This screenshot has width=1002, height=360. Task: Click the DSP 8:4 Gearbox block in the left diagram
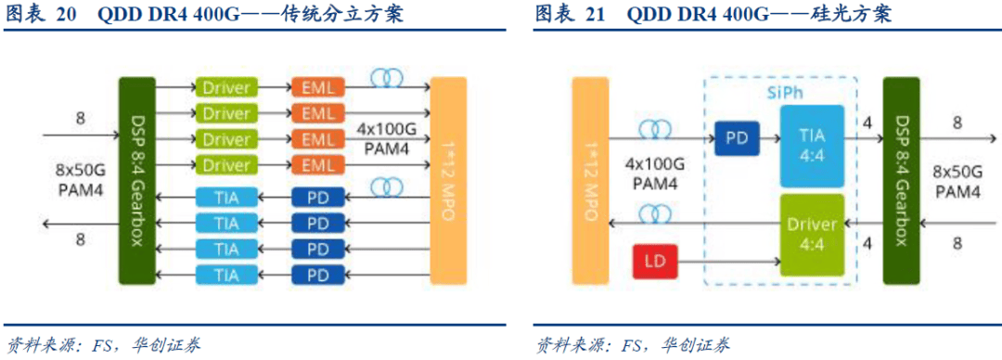coord(136,182)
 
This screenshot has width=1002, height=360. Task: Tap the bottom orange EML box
coord(318,166)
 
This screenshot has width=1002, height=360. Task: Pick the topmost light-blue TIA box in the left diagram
coord(226,197)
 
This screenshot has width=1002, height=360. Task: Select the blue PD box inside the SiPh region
coord(738,140)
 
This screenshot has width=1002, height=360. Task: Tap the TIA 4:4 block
coord(811,139)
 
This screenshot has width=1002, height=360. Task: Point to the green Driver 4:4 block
coord(811,235)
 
